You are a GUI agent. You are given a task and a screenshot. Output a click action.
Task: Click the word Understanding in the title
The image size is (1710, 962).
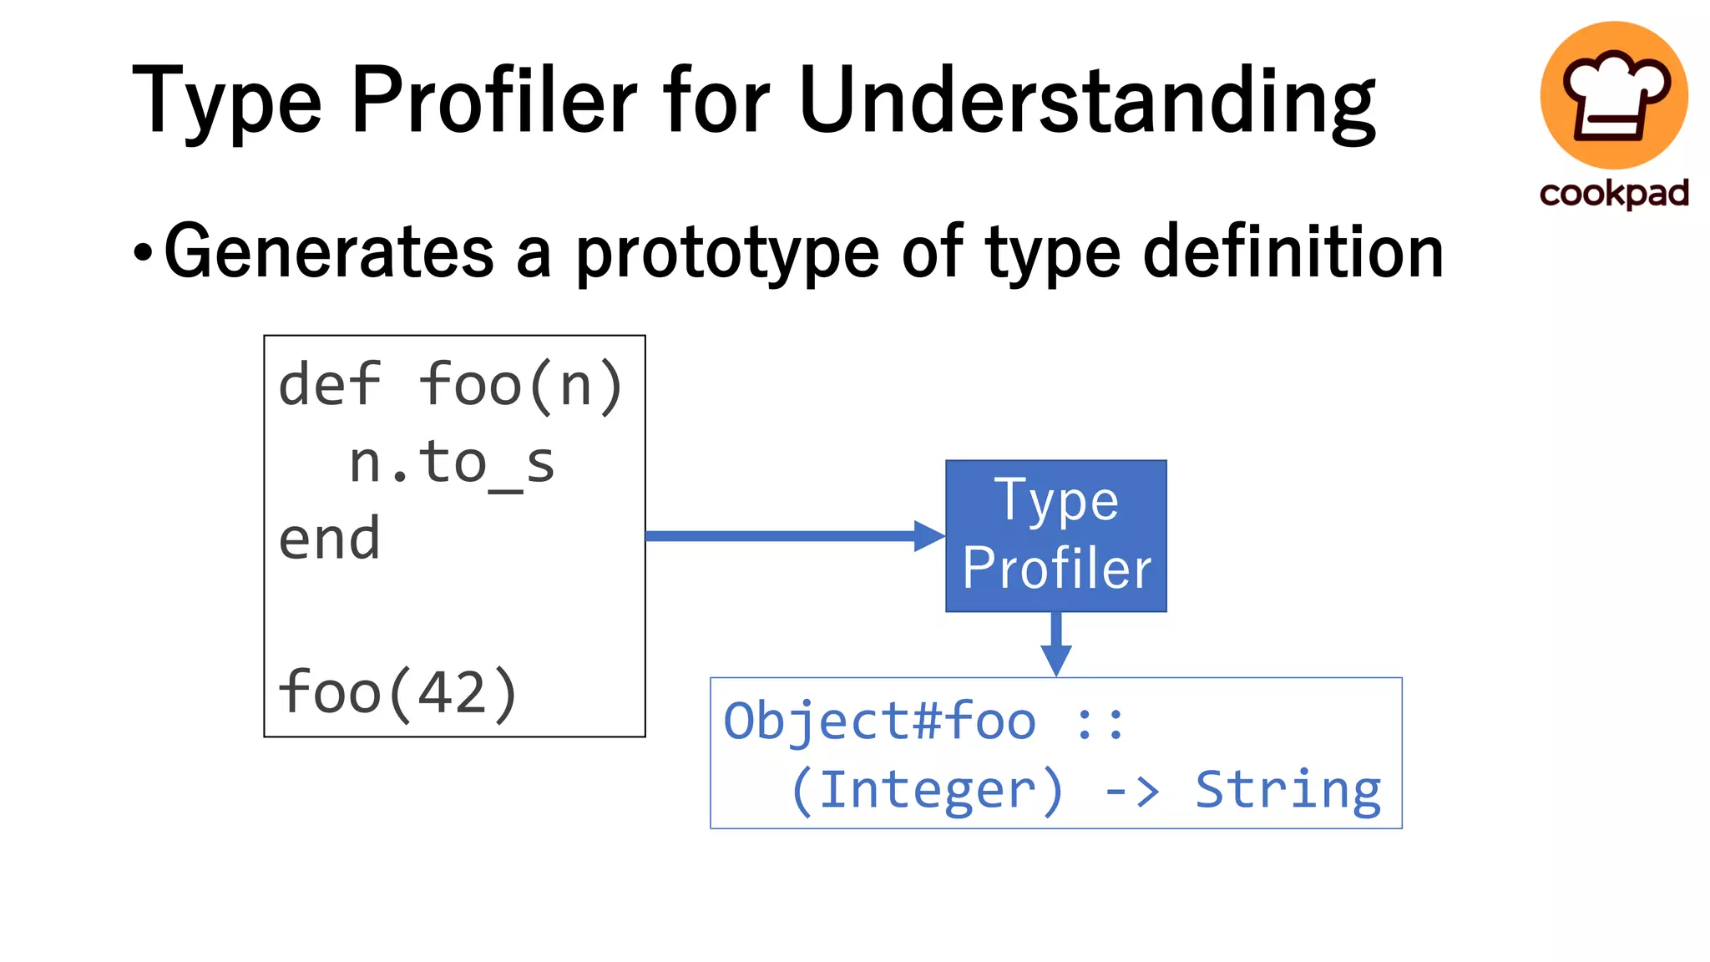(x=1086, y=101)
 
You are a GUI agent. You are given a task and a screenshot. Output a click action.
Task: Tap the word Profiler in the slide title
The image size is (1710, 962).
(x=494, y=101)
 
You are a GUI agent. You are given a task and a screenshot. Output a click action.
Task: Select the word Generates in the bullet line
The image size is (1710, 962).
(x=329, y=251)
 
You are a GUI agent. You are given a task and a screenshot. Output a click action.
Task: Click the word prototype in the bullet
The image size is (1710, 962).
(x=727, y=253)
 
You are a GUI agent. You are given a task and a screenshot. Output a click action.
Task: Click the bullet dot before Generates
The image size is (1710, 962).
(x=143, y=252)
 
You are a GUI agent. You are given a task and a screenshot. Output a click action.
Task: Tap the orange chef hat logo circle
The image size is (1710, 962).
(x=1613, y=95)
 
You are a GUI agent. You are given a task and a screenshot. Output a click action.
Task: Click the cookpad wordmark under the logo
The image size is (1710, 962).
(x=1614, y=194)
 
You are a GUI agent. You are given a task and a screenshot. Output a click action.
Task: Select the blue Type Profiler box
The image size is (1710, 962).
(x=1055, y=535)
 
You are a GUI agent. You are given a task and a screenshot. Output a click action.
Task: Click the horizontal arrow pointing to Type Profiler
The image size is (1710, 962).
(x=793, y=535)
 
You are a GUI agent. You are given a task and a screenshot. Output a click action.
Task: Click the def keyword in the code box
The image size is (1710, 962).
(x=330, y=385)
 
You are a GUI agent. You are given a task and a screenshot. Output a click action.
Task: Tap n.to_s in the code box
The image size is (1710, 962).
(x=452, y=463)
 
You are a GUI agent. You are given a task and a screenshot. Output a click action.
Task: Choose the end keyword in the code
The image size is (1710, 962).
(x=330, y=539)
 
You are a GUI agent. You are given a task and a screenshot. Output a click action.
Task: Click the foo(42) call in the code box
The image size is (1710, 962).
(x=398, y=692)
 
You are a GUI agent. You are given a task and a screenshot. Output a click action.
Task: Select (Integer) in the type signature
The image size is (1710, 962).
(x=927, y=790)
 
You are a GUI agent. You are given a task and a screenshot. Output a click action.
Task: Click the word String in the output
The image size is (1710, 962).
(x=1288, y=790)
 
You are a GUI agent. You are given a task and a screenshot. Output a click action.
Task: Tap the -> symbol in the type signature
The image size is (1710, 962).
(x=1132, y=790)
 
